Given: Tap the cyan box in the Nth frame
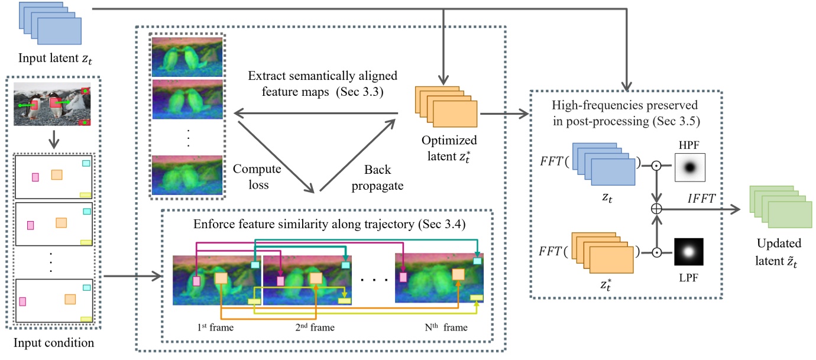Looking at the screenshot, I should pyautogui.click(x=477, y=261).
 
